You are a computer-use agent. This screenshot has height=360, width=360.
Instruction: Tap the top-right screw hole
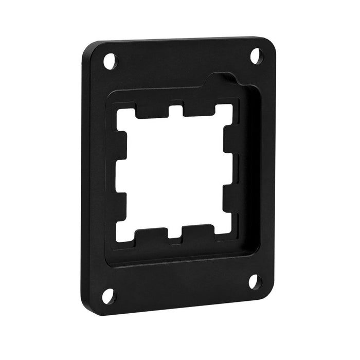(256, 55)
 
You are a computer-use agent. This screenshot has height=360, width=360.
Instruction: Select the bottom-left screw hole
(108, 296)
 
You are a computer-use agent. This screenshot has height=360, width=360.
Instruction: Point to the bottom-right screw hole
(254, 281)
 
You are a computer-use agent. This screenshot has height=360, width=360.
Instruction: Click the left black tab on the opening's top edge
(152, 110)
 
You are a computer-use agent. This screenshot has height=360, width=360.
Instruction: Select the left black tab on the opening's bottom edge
(152, 235)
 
